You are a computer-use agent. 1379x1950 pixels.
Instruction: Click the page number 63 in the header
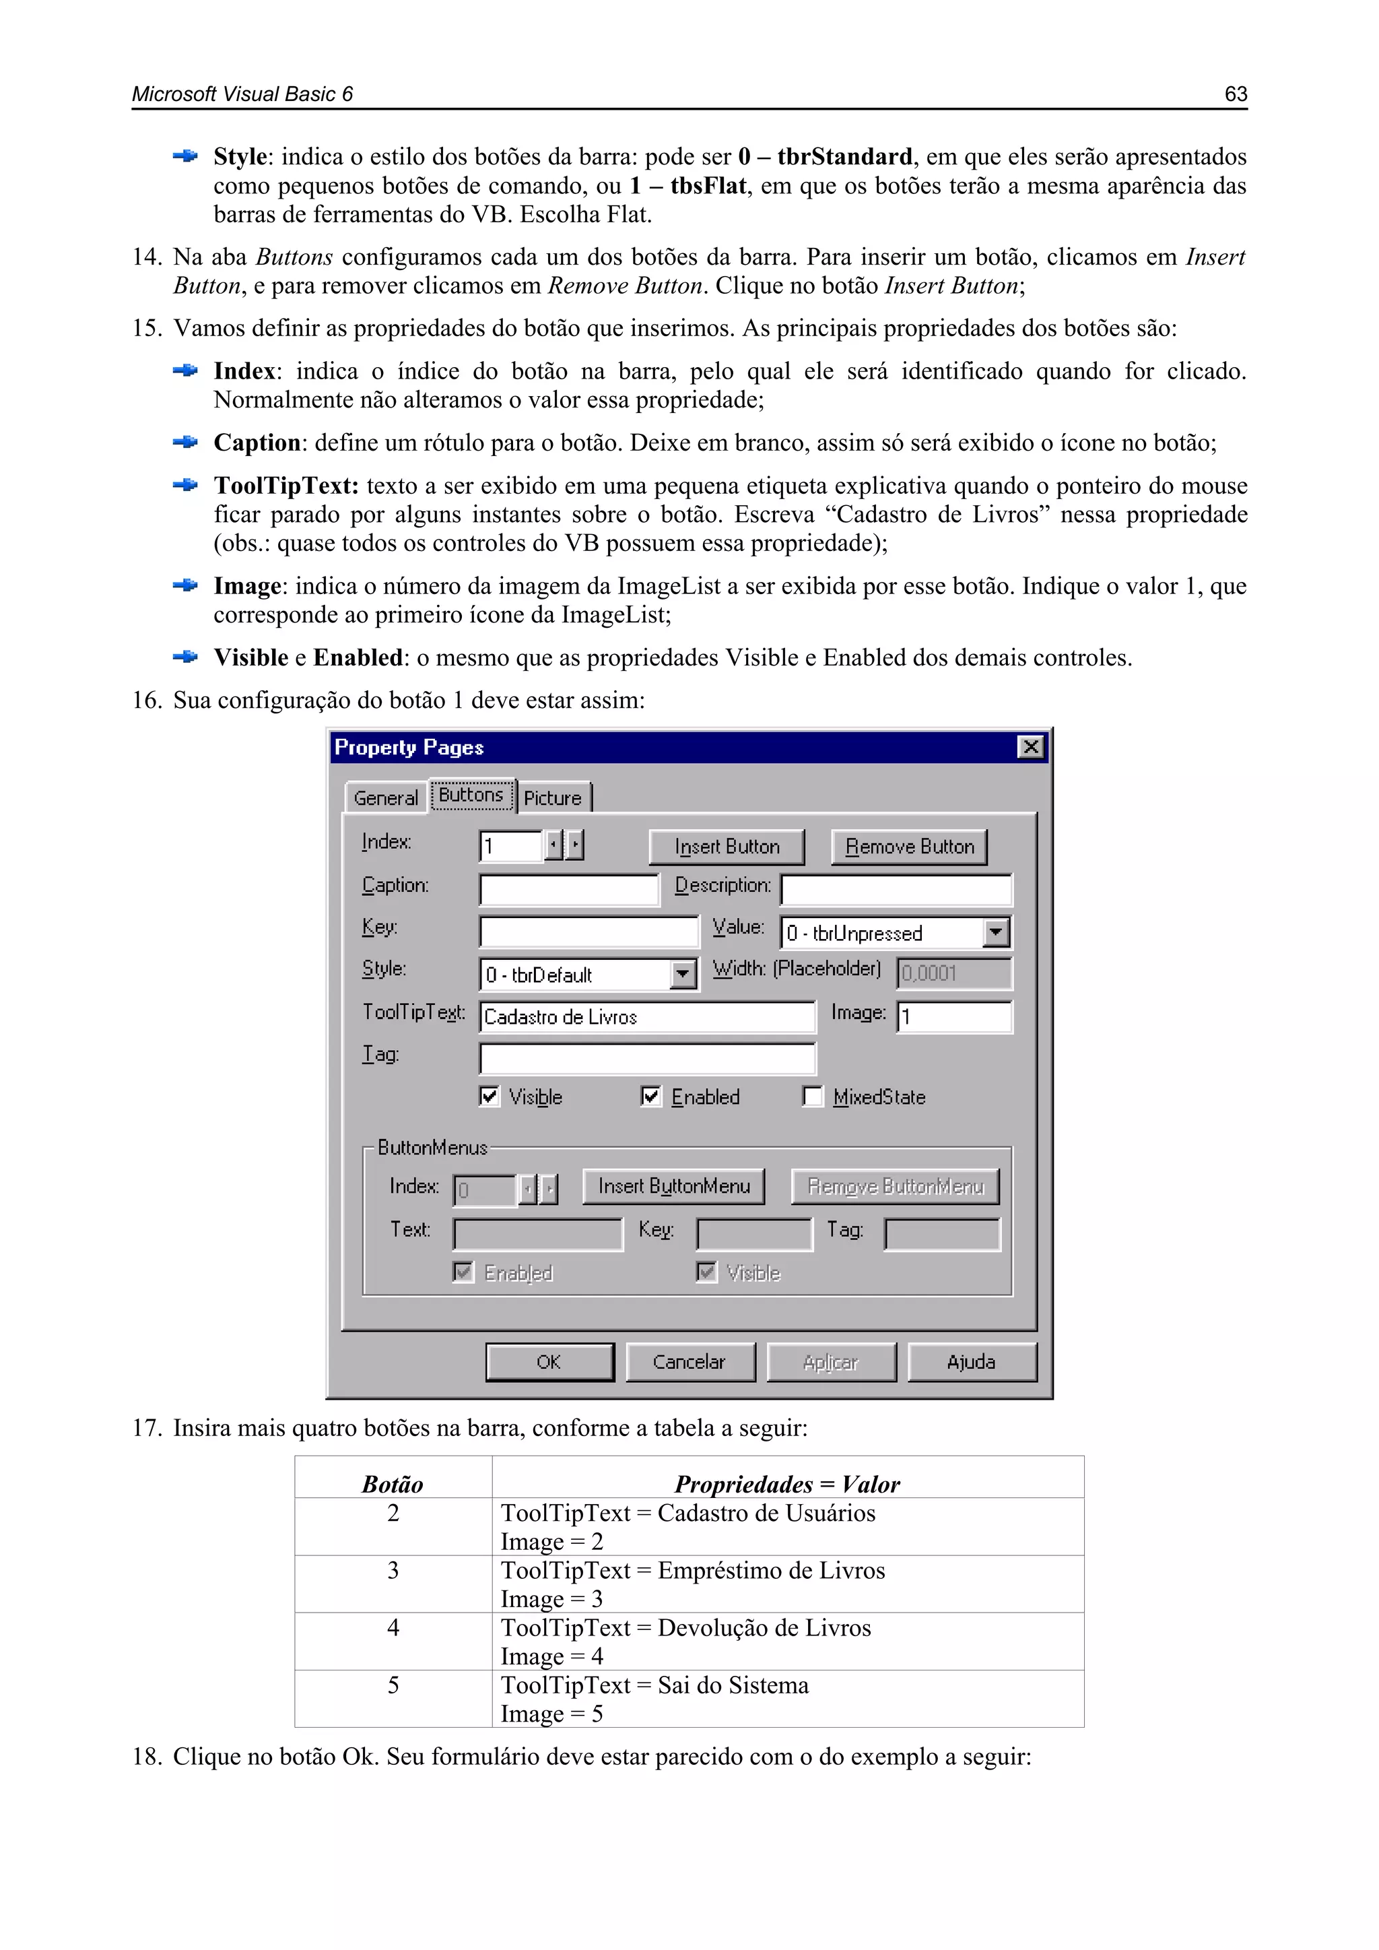[1235, 94]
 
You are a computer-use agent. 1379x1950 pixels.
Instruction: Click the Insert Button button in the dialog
[726, 847]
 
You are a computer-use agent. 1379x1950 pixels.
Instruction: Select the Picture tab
[553, 798]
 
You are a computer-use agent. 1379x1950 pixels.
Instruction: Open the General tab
[386, 798]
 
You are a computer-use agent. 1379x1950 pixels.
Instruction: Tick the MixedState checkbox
[813, 1097]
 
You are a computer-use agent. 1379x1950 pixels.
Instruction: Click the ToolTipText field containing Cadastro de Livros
[646, 1016]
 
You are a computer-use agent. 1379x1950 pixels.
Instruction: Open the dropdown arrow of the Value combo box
[996, 932]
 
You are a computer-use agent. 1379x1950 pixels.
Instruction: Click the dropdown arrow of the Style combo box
[683, 974]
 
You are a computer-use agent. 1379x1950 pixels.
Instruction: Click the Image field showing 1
[953, 1016]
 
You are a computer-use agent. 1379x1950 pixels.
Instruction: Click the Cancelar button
[689, 1361]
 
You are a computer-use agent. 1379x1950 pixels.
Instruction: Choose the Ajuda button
[972, 1361]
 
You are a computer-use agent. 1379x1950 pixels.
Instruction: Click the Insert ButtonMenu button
[673, 1185]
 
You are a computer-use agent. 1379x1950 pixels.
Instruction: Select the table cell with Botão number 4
[393, 1641]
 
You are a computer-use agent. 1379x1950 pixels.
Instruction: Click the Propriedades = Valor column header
[787, 1484]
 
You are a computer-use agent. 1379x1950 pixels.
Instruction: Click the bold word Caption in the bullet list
[257, 443]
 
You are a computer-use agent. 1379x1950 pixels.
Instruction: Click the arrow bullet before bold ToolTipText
[185, 485]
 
